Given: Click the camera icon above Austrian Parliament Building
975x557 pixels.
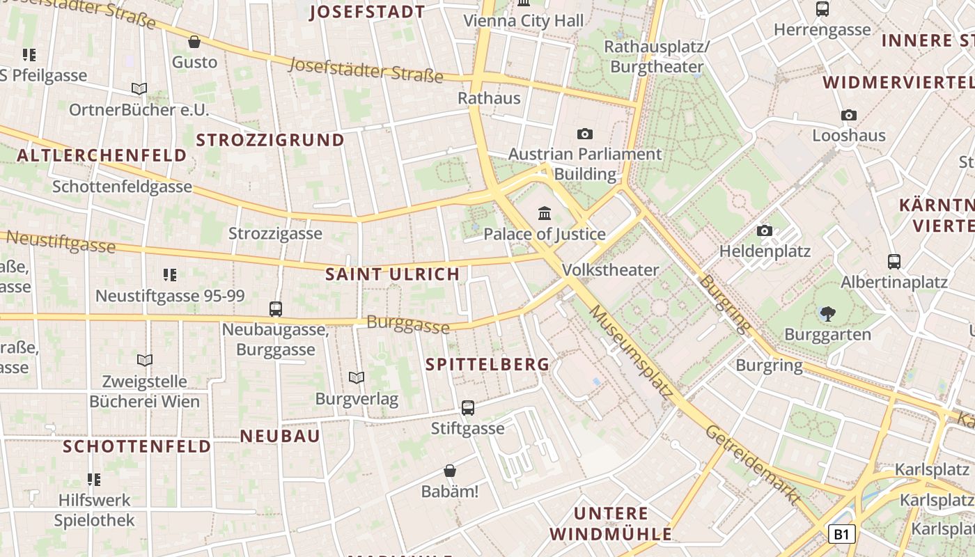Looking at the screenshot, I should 585,134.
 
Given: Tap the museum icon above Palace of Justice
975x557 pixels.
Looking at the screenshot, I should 545,212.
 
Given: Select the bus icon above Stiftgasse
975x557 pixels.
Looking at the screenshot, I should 468,408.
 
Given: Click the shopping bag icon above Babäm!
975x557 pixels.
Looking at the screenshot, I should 450,471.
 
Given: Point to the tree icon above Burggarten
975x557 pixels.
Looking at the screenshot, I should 827,314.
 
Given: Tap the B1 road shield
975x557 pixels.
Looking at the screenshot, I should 841,534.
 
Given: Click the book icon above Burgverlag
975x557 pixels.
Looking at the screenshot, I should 357,378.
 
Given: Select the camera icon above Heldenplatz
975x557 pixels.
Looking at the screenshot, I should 765,230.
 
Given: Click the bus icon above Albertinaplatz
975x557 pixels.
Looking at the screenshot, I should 894,262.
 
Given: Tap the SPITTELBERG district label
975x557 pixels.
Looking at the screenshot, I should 487,364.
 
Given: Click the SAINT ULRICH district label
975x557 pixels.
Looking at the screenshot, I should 393,274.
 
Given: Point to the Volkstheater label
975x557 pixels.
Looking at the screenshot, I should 610,269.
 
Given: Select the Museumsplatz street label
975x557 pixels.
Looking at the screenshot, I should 632,352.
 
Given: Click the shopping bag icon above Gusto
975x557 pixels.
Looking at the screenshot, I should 194,42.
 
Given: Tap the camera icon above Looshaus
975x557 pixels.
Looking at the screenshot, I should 849,115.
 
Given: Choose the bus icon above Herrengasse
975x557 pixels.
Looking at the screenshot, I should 822,9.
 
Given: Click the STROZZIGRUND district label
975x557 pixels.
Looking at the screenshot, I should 270,140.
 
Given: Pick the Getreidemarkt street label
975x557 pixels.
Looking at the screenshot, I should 752,464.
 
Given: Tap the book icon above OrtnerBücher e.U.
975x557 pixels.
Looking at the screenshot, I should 139,89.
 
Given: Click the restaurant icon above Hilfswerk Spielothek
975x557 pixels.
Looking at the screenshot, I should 94,479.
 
